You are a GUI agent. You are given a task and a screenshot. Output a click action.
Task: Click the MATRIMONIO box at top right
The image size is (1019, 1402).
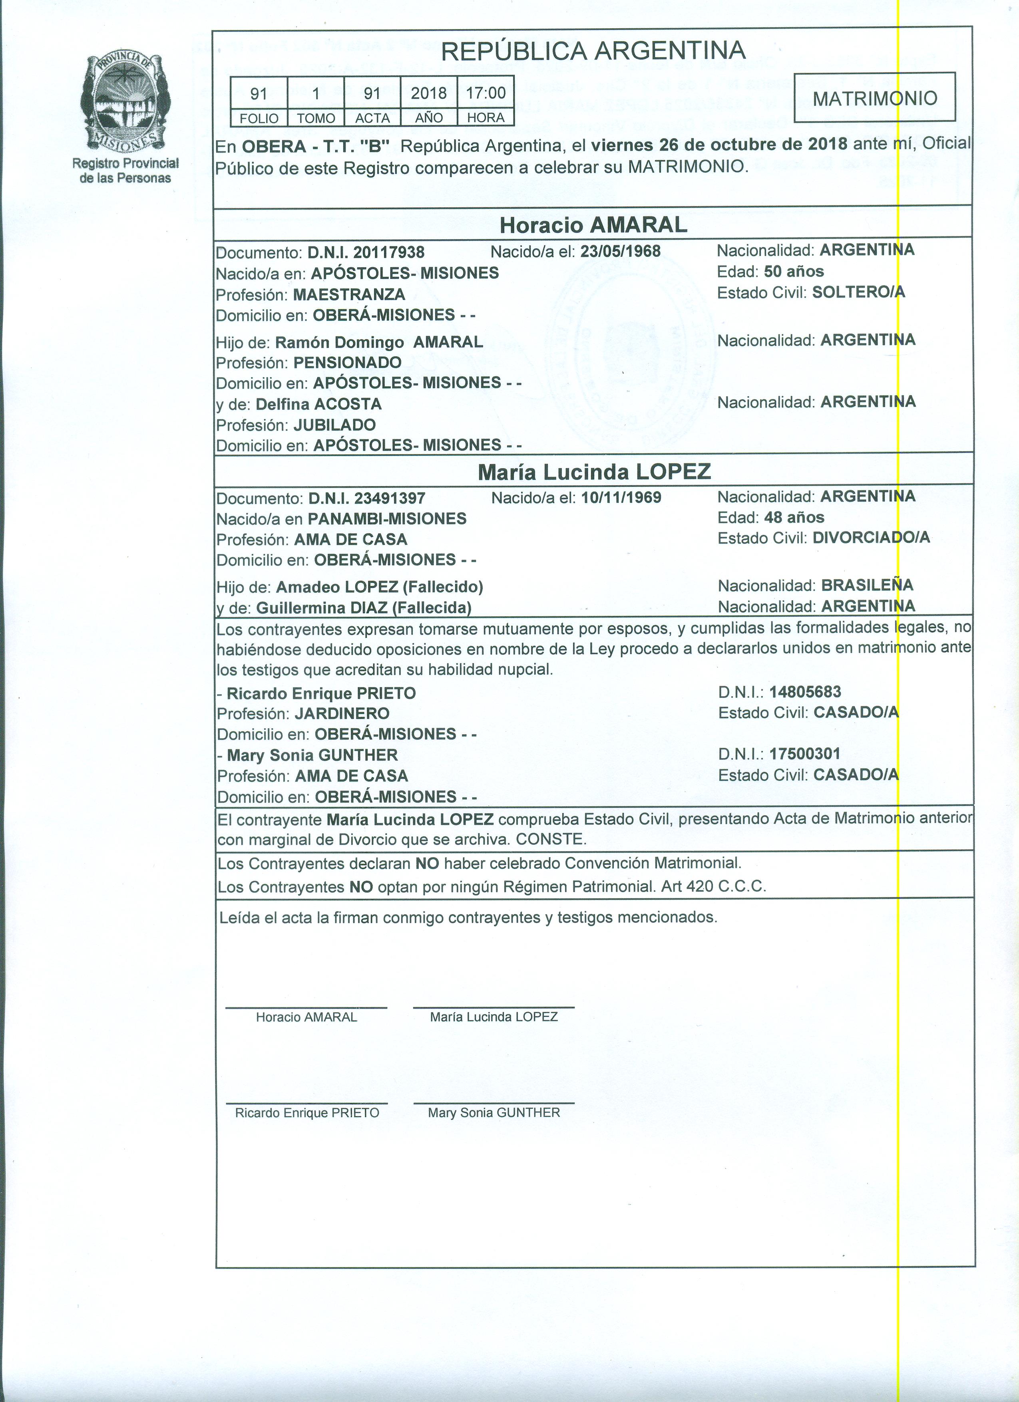pos(874,98)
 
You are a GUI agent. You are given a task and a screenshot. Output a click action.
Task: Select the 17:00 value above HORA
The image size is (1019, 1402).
pos(486,93)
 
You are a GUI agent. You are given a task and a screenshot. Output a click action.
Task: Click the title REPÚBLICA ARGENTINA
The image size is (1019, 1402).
pos(593,51)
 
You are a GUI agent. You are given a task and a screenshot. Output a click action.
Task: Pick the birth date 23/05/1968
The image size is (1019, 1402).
pos(620,251)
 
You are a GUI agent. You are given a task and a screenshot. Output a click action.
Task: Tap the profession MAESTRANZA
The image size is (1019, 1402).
pos(349,294)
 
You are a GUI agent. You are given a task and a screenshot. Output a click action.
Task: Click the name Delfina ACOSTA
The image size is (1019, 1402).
pos(318,404)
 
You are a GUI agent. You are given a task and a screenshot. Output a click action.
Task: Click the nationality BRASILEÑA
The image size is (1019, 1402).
pos(867,585)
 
